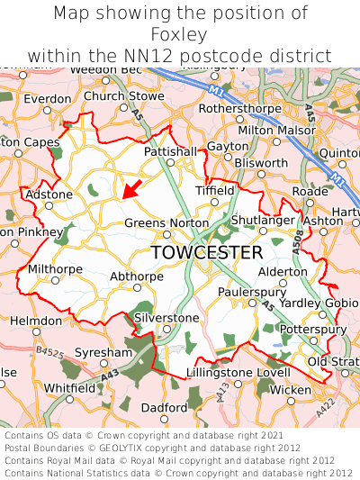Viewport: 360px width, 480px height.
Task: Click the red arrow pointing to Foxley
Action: (131, 188)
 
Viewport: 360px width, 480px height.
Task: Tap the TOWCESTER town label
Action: (207, 252)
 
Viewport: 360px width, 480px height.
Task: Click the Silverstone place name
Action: (166, 318)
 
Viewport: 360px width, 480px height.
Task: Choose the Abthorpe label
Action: (137, 276)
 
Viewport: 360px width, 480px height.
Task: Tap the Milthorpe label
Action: (55, 268)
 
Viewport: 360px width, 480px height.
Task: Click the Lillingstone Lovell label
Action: (238, 372)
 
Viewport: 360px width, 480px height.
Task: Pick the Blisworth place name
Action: (260, 163)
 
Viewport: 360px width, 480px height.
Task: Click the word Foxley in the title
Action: (179, 35)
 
